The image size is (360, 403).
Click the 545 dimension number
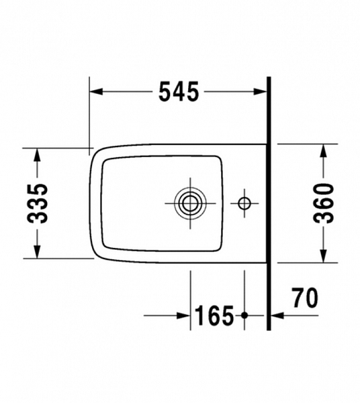(179, 92)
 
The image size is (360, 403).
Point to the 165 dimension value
(214, 314)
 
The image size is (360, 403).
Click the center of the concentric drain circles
(190, 201)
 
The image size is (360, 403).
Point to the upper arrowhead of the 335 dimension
(37, 154)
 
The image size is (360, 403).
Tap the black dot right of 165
(244, 314)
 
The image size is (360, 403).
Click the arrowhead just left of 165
(183, 314)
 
